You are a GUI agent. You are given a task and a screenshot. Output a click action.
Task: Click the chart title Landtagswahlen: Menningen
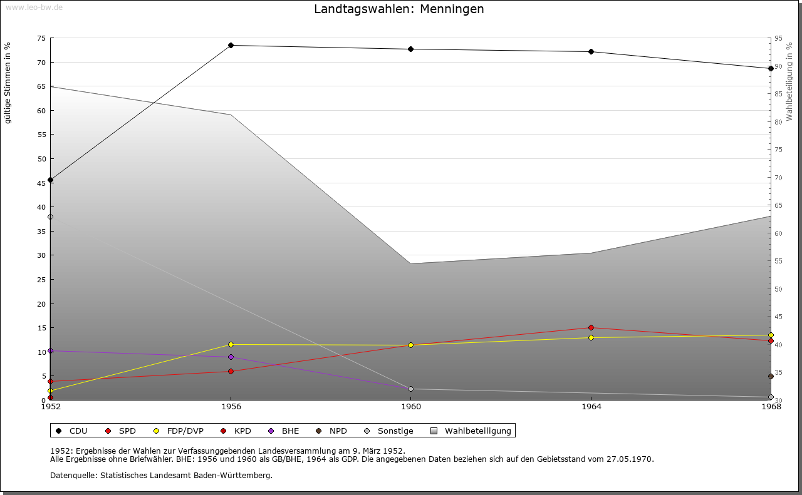click(x=398, y=9)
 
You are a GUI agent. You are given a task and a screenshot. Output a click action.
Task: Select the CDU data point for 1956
click(x=231, y=45)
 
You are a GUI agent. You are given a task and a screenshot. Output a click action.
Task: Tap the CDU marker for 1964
click(x=591, y=51)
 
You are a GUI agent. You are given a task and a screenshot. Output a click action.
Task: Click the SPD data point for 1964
click(x=591, y=327)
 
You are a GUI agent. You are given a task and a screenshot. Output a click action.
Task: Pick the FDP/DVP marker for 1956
click(x=231, y=344)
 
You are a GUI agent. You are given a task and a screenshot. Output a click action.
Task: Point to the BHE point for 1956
click(x=231, y=357)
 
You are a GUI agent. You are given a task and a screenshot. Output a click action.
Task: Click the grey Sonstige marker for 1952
click(x=51, y=217)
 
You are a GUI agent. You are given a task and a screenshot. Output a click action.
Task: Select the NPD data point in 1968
click(x=771, y=376)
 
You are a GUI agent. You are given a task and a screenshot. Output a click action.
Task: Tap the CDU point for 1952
click(x=51, y=180)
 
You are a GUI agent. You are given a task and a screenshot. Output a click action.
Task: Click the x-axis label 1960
click(x=411, y=407)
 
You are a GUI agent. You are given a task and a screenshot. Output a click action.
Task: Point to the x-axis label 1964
click(x=591, y=407)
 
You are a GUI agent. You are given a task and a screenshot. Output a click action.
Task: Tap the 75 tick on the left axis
click(x=41, y=38)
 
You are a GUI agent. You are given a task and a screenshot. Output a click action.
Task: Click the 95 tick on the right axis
click(x=778, y=38)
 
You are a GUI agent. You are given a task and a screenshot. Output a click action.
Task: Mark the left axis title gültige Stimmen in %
click(x=8, y=83)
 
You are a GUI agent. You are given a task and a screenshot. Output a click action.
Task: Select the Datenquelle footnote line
click(x=161, y=475)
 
